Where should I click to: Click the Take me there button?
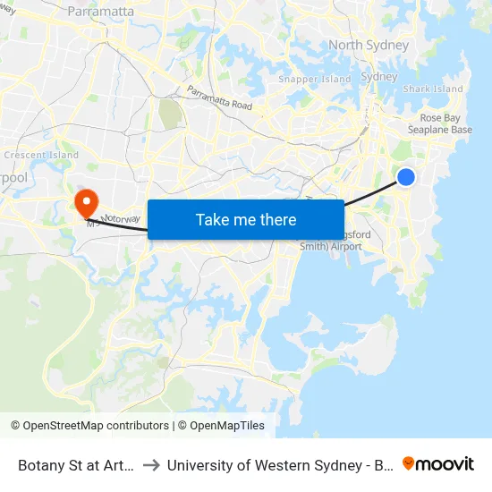click(x=246, y=219)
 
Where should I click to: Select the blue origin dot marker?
click(x=405, y=177)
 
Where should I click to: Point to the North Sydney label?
click(x=369, y=45)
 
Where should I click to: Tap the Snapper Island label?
click(x=314, y=79)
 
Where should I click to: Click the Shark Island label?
click(x=433, y=89)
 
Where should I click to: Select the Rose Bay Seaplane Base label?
click(x=445, y=123)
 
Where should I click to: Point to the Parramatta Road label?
click(x=220, y=98)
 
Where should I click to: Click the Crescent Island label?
click(x=41, y=155)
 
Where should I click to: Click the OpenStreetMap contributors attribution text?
click(x=95, y=426)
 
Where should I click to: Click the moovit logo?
click(x=438, y=463)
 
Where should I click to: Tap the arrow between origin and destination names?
click(x=151, y=465)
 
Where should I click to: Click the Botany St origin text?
click(x=76, y=465)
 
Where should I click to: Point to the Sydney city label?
click(x=378, y=77)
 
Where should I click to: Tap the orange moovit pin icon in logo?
click(x=409, y=463)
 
